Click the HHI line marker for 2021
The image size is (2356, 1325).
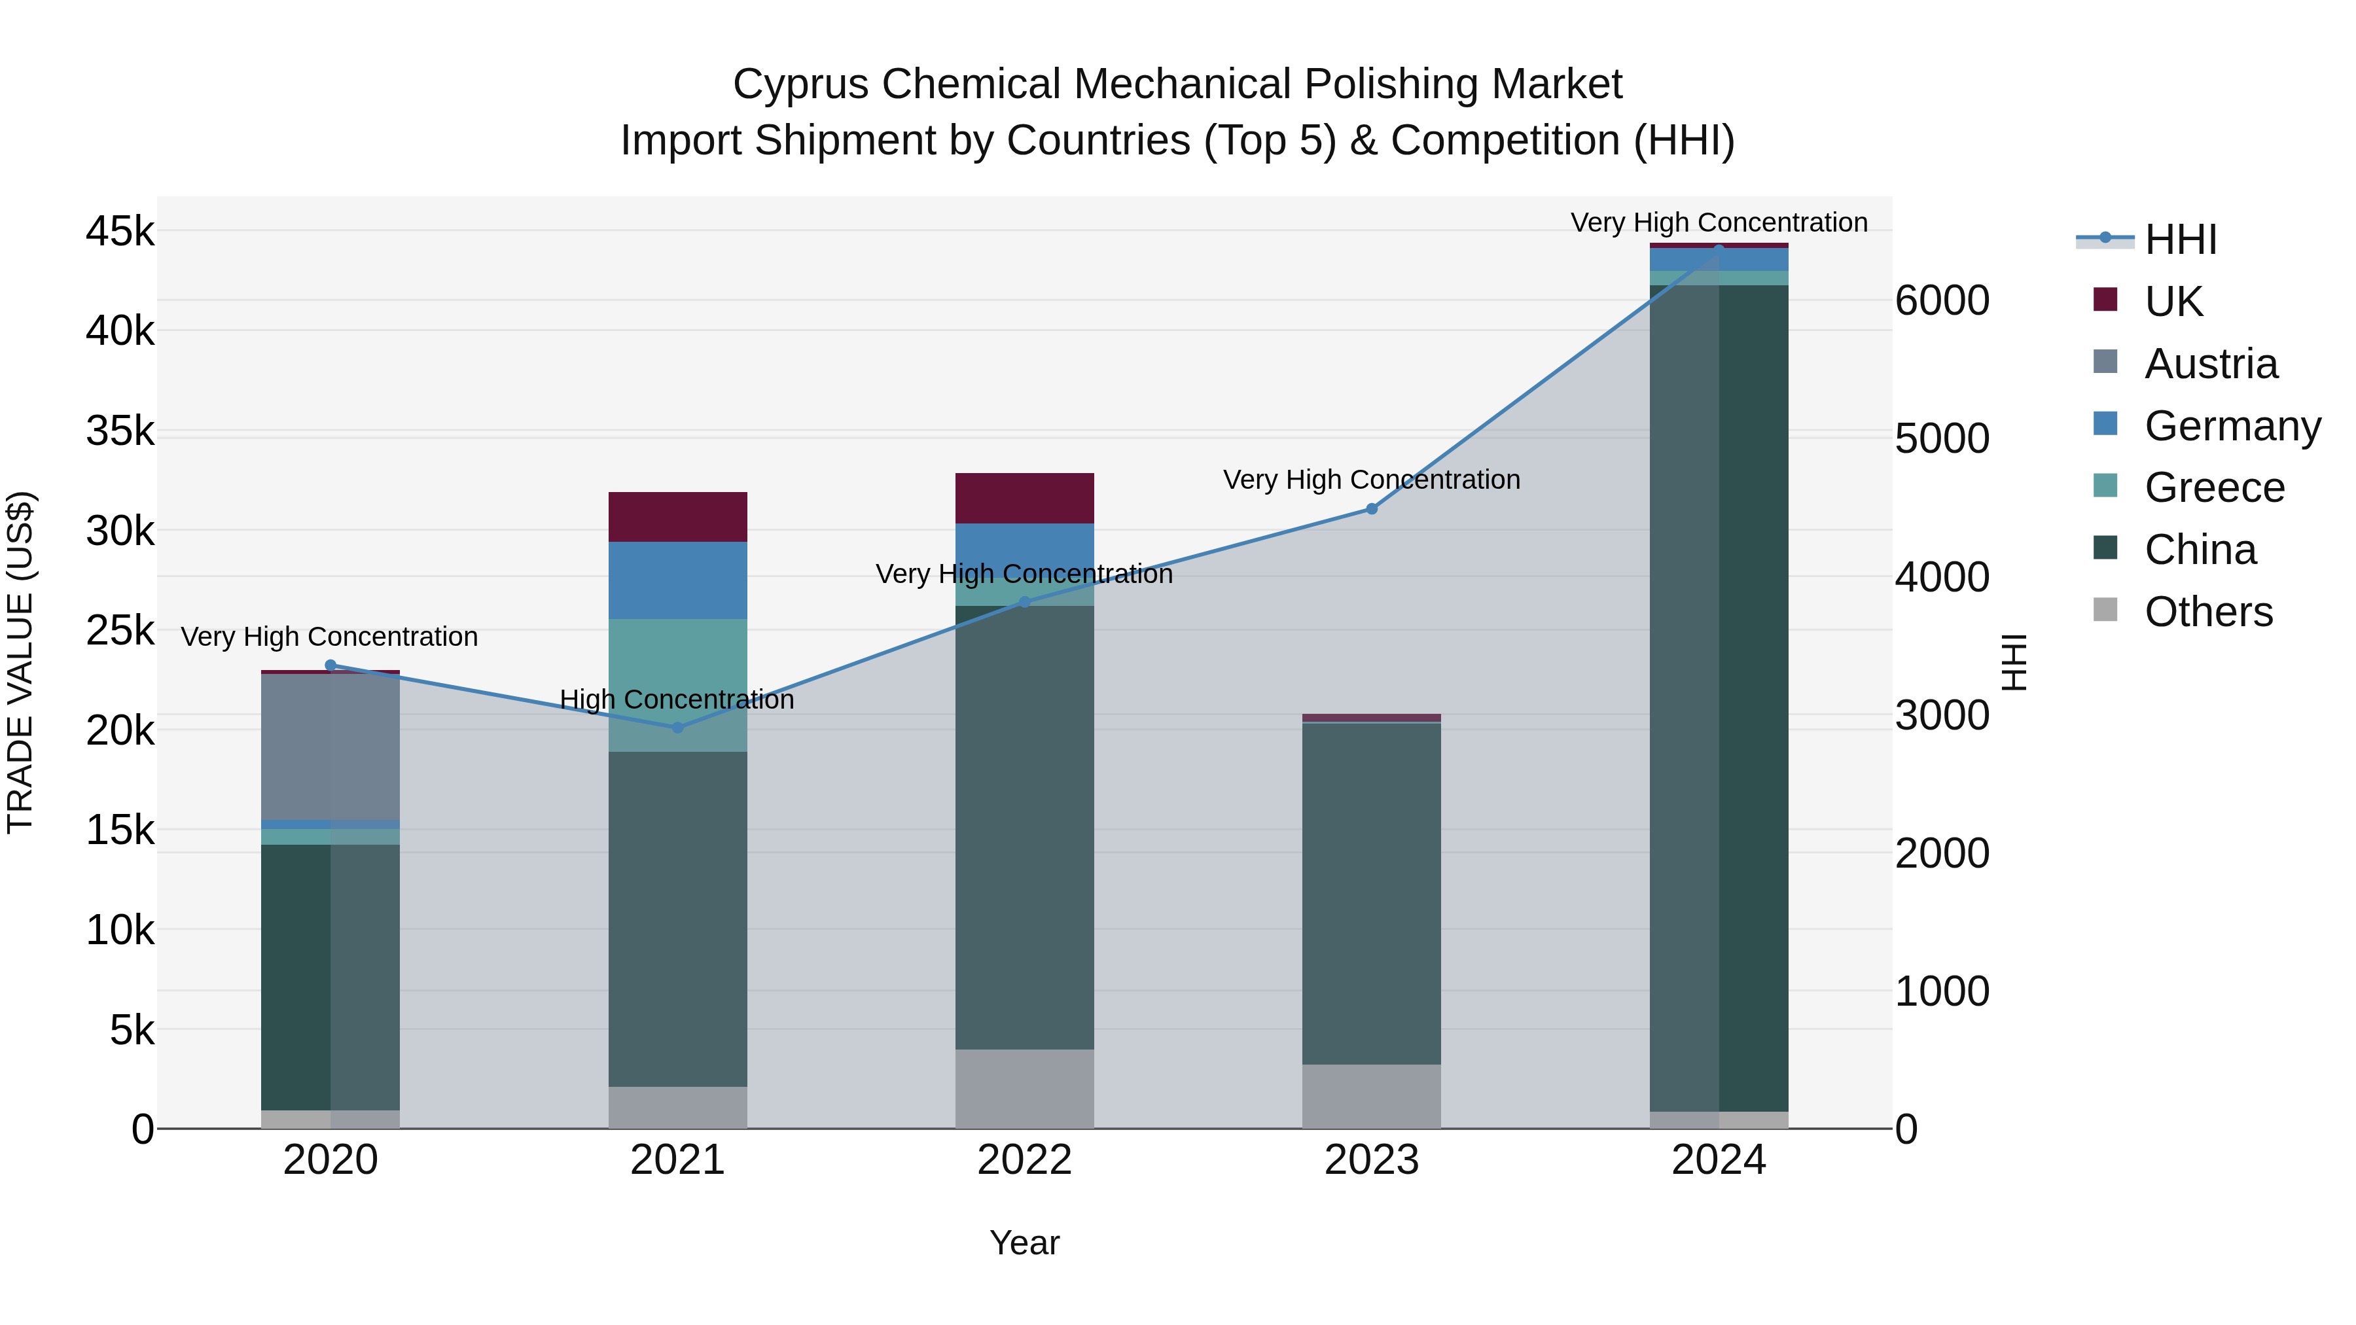pyautogui.click(x=678, y=728)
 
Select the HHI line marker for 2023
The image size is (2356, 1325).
pyautogui.click(x=1371, y=509)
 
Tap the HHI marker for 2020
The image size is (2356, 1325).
pyautogui.click(x=331, y=665)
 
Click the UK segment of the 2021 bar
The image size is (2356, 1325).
pyautogui.click(x=678, y=517)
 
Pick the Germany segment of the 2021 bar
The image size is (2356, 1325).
pyautogui.click(x=678, y=580)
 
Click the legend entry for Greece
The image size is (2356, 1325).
pyautogui.click(x=2213, y=487)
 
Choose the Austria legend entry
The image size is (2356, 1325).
pyautogui.click(x=2209, y=364)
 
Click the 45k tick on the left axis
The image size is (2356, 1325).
pyautogui.click(x=120, y=232)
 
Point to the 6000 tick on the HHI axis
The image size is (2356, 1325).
pyautogui.click(x=1942, y=301)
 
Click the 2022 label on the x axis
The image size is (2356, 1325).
pyautogui.click(x=1024, y=1160)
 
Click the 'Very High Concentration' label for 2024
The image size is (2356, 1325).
pyautogui.click(x=1719, y=223)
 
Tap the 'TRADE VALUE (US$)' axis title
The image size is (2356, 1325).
pyautogui.click(x=20, y=662)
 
